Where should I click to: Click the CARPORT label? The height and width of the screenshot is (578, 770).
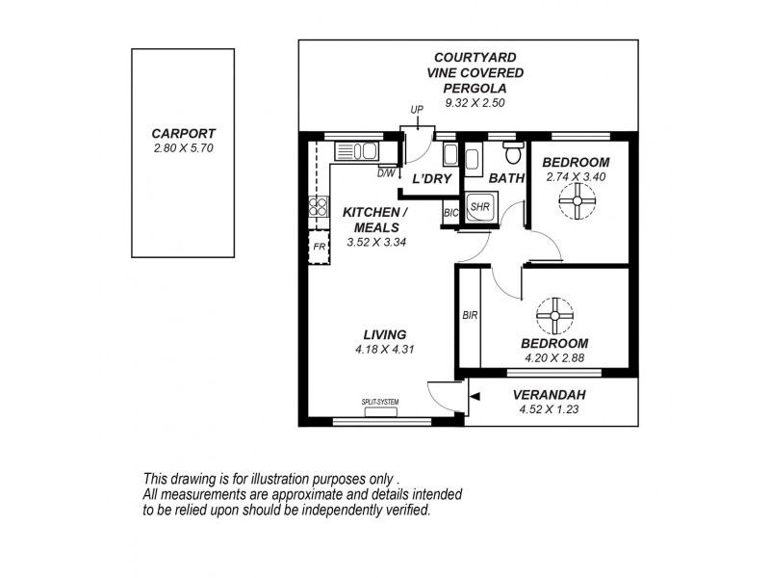183,134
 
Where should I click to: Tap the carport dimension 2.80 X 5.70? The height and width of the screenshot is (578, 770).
183,148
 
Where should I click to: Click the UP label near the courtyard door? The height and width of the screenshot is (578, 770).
417,110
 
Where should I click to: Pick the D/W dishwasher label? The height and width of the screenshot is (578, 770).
386,173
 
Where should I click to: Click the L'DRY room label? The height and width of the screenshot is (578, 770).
431,179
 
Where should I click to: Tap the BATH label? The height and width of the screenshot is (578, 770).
506,178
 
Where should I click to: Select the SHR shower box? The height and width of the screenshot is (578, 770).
479,207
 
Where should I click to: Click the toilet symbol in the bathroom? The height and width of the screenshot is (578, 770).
513,153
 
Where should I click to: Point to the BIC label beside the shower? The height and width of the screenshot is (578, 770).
450,213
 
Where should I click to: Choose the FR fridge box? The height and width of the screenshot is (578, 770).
319,248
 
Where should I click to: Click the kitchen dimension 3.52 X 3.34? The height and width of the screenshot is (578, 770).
376,242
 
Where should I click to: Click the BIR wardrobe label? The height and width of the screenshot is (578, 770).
470,316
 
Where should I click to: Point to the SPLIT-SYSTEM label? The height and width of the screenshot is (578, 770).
380,402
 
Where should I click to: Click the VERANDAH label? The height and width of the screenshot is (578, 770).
548,394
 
